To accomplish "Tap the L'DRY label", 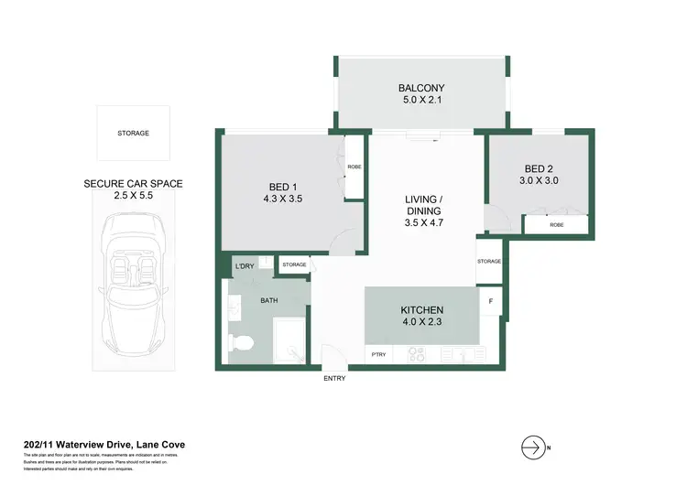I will click(x=244, y=265).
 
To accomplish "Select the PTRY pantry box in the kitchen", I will click(x=376, y=354).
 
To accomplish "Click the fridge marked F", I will click(x=491, y=301).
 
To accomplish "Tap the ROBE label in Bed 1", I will click(x=354, y=167).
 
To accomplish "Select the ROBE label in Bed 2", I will click(x=556, y=224).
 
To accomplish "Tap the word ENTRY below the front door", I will click(x=333, y=379).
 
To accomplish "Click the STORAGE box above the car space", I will click(x=133, y=134).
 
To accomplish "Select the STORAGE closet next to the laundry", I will click(x=294, y=264).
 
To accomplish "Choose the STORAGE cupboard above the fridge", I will click(x=489, y=262).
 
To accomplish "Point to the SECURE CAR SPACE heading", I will click(x=133, y=183).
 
